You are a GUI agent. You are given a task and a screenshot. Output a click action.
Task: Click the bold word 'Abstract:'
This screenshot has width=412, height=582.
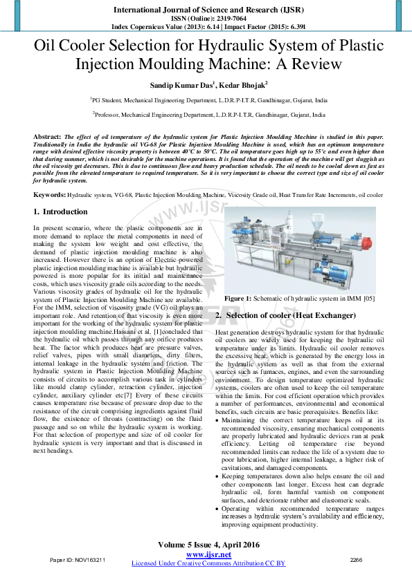click(48, 138)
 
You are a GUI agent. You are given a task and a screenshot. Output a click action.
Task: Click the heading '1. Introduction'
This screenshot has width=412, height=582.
click(61, 212)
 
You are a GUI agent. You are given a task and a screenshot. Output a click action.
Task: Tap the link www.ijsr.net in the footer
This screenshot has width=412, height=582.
click(208, 554)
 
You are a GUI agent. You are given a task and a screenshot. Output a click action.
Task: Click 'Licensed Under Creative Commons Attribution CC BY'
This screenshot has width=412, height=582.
click(208, 563)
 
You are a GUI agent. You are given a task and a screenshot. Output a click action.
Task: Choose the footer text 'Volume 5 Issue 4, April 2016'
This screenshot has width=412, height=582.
click(208, 545)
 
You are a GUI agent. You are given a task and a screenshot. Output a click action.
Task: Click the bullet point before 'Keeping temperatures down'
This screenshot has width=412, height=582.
click(218, 476)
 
